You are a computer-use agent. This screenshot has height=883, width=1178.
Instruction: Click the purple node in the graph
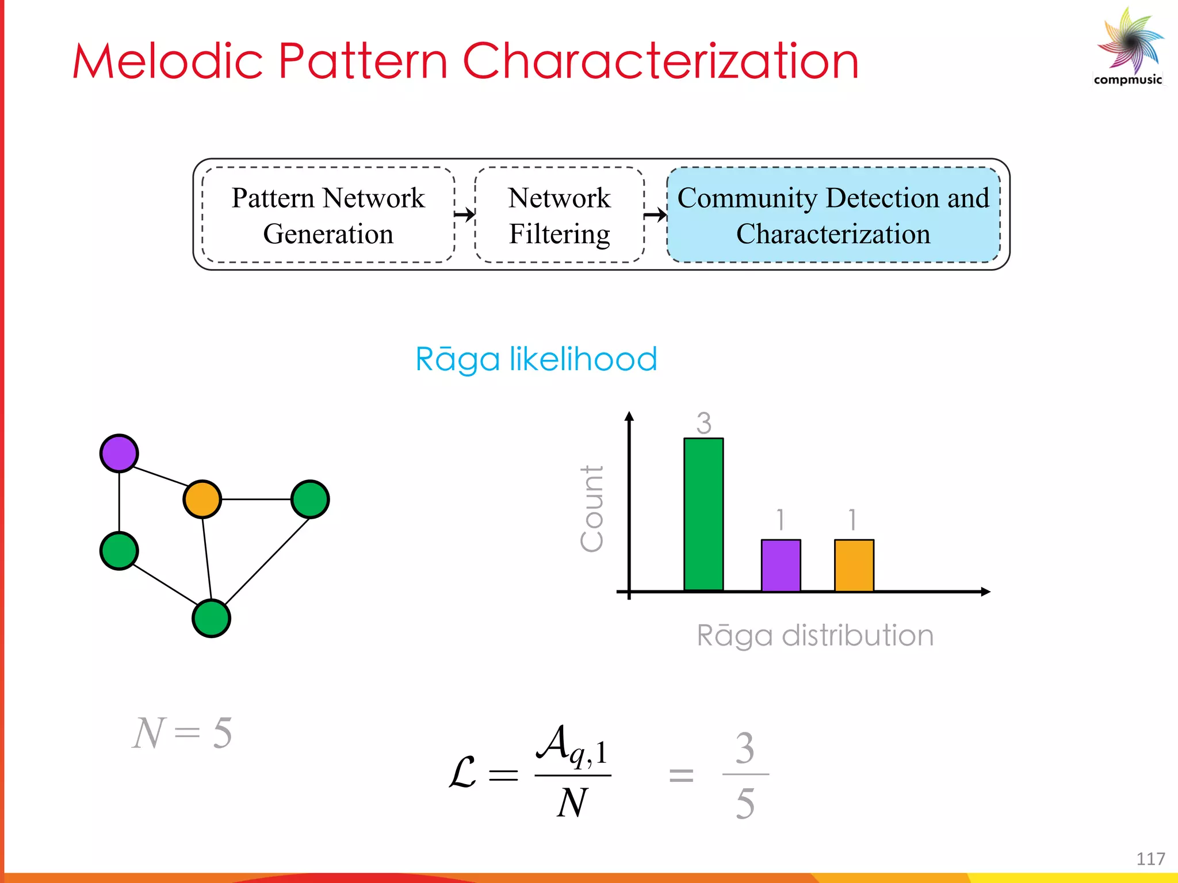(119, 454)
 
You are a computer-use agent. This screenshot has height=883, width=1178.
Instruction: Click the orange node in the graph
(202, 499)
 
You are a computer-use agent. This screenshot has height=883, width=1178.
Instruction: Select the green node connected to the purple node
(119, 551)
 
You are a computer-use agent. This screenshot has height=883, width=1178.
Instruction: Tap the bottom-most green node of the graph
(211, 619)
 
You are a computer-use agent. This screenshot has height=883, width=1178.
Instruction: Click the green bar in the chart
(703, 515)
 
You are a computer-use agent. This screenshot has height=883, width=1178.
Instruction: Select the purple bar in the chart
(781, 565)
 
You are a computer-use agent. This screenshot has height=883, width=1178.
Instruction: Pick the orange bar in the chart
(854, 565)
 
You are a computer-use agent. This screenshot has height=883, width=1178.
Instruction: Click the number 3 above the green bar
(704, 424)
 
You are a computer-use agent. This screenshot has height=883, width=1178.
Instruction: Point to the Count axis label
(592, 509)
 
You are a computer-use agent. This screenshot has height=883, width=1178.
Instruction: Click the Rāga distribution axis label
(815, 636)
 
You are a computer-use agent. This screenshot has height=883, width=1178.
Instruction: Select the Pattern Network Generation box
(328, 215)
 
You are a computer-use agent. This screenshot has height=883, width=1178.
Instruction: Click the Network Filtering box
(559, 215)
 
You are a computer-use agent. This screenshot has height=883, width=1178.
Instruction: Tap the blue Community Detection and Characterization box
(833, 215)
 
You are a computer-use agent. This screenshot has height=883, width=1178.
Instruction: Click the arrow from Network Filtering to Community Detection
(655, 216)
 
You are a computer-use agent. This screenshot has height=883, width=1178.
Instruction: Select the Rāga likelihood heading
(536, 359)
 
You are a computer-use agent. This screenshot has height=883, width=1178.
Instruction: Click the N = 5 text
(182, 733)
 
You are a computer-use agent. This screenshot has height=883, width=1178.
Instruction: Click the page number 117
(1150, 859)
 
